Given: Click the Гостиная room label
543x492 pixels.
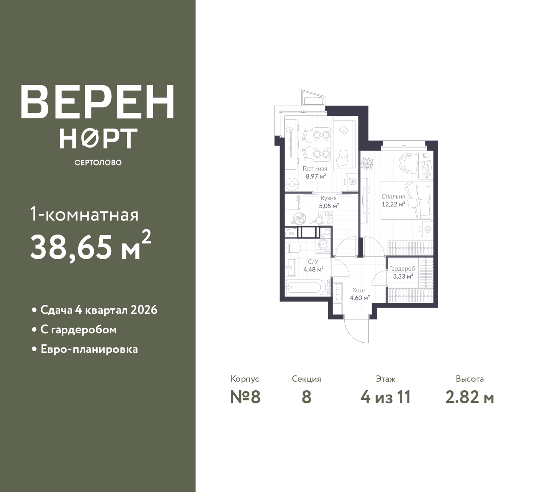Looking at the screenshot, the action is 315,169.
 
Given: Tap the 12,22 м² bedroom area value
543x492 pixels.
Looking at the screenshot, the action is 393,204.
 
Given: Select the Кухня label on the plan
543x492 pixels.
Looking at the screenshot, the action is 328,198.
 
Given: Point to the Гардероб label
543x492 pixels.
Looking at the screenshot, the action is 402,269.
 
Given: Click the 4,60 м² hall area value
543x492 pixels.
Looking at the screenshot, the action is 360,298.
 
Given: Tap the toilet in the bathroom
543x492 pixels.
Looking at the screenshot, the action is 293,248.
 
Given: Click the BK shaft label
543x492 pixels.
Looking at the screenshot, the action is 291,233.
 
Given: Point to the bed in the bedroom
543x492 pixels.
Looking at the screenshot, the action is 405,200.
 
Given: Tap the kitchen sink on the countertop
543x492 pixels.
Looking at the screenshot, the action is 298,218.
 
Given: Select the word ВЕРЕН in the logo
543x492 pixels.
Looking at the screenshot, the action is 98,102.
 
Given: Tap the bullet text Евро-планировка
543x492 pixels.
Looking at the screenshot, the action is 90,349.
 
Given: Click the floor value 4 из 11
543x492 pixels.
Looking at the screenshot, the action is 386,397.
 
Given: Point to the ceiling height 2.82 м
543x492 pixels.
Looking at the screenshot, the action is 470,397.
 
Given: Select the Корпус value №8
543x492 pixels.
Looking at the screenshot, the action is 245,397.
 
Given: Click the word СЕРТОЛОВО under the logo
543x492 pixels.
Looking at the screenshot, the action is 98,162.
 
